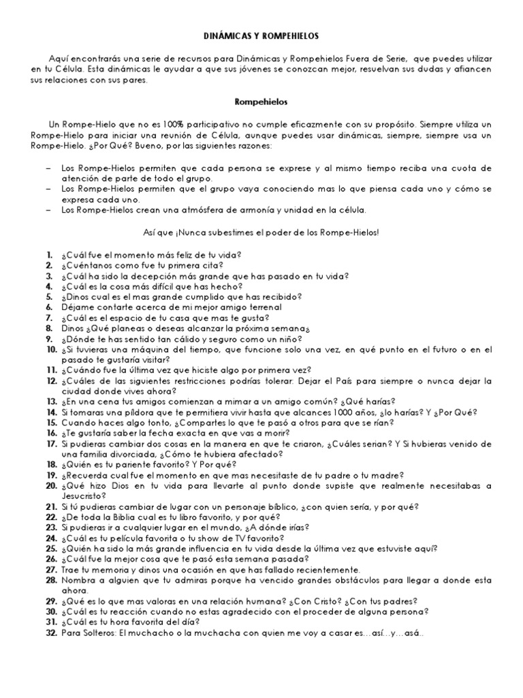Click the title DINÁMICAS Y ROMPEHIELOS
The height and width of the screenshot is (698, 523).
click(261, 35)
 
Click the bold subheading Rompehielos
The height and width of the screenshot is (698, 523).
click(261, 102)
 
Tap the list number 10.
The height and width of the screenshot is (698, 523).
click(51, 349)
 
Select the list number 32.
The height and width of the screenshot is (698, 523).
click(51, 631)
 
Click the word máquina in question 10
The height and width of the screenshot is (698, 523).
click(135, 349)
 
